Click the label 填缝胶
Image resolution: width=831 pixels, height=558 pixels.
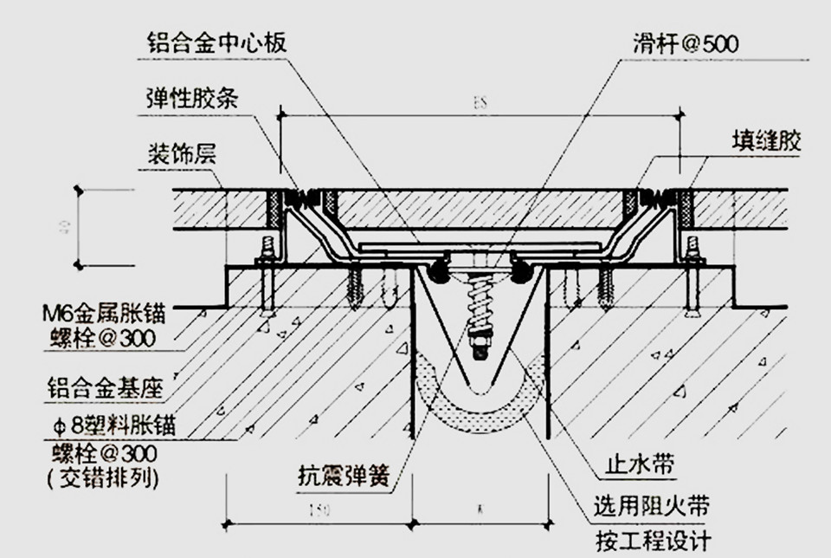766,141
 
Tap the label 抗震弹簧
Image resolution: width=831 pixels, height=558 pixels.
342,476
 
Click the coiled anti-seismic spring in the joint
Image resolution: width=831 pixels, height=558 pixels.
477,305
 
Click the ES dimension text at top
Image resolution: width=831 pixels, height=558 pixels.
480,102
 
